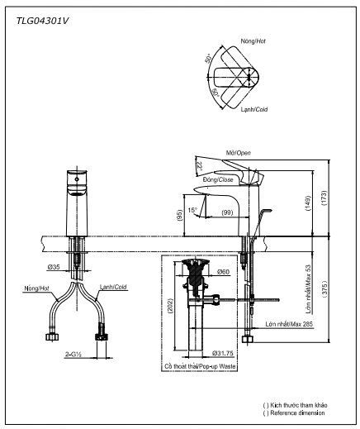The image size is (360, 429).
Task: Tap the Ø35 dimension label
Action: [54, 267]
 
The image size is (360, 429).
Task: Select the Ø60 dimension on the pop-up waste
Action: [222, 272]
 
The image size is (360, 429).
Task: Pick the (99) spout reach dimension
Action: [225, 214]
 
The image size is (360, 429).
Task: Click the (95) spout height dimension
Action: [179, 215]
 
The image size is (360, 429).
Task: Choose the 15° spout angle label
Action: [192, 209]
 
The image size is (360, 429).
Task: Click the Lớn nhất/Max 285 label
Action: [289, 325]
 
